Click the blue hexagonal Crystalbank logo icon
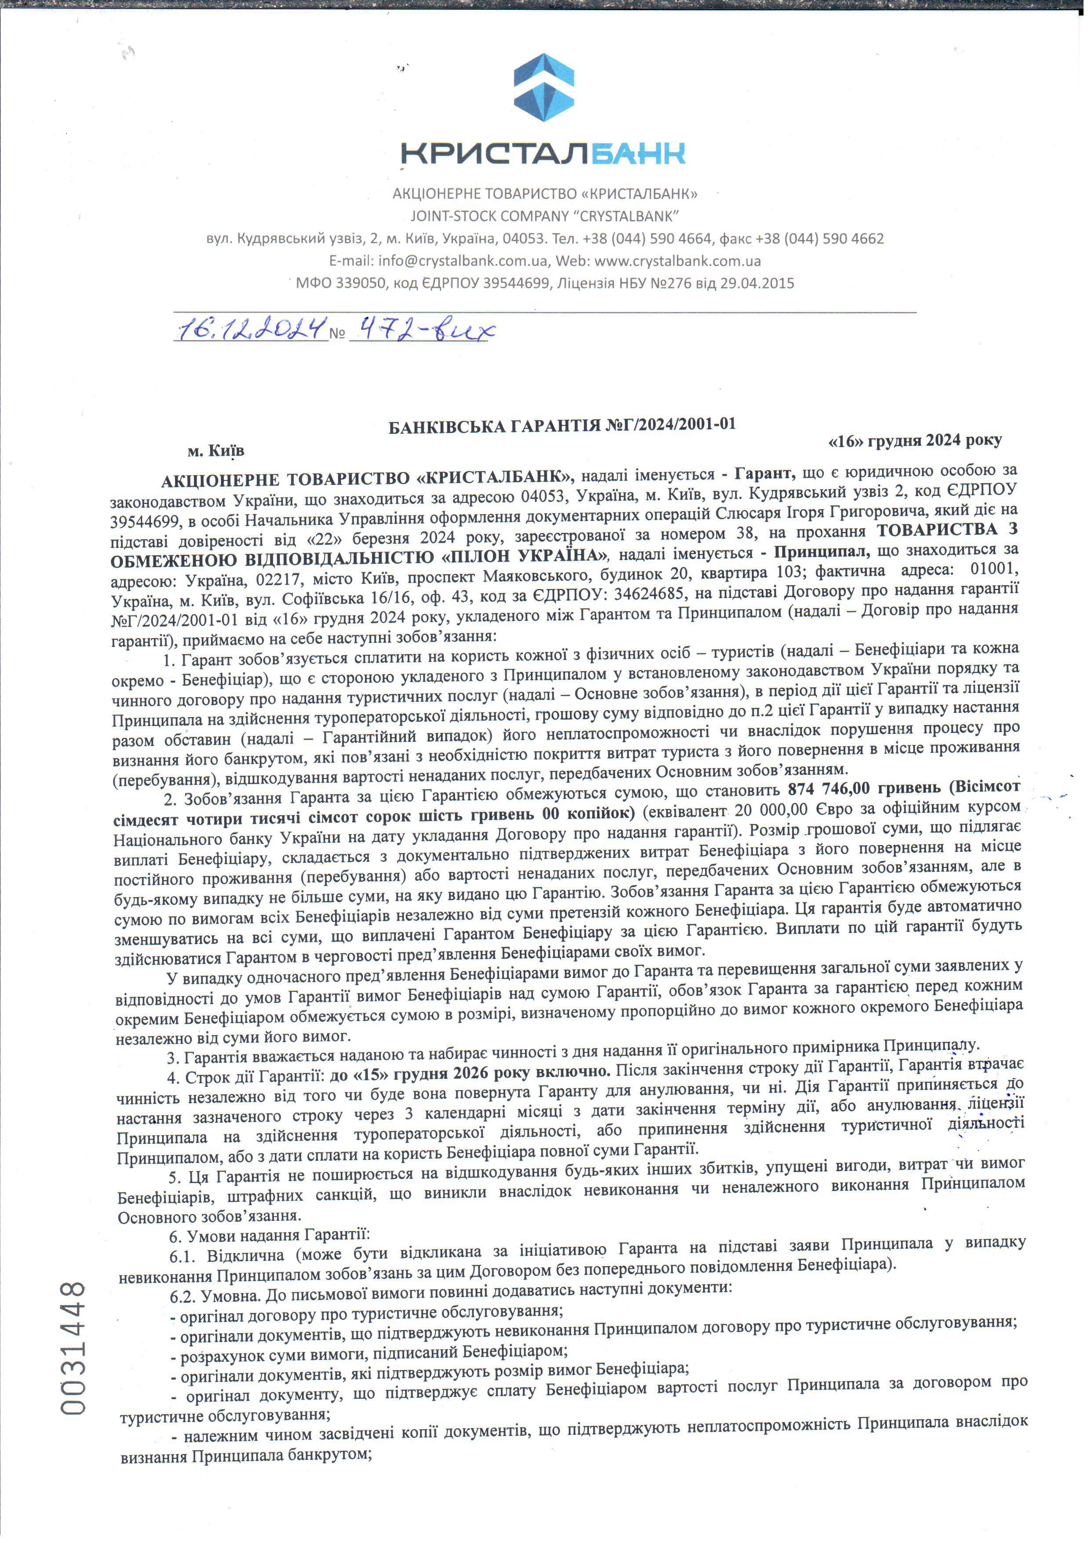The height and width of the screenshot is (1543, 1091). click(x=544, y=88)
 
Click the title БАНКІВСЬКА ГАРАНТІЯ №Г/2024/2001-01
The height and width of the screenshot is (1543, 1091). click(x=562, y=425)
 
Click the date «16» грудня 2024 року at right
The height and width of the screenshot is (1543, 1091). click(x=915, y=441)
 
